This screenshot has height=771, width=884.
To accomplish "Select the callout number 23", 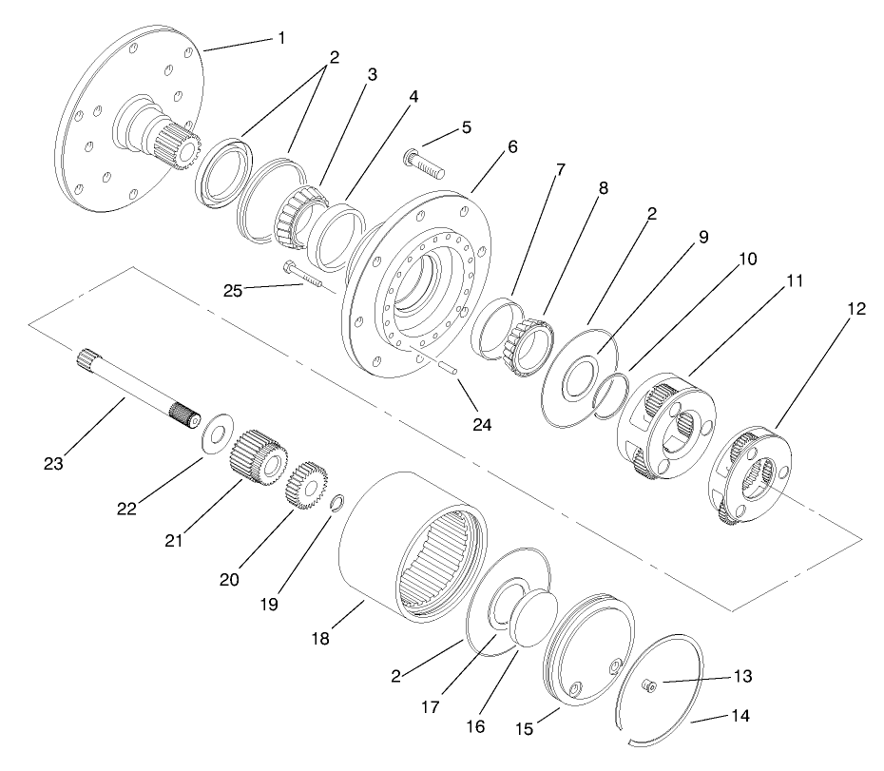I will (55, 464).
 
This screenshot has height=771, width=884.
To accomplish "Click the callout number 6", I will (512, 147).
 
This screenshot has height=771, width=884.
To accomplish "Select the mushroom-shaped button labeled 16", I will (529, 618).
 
